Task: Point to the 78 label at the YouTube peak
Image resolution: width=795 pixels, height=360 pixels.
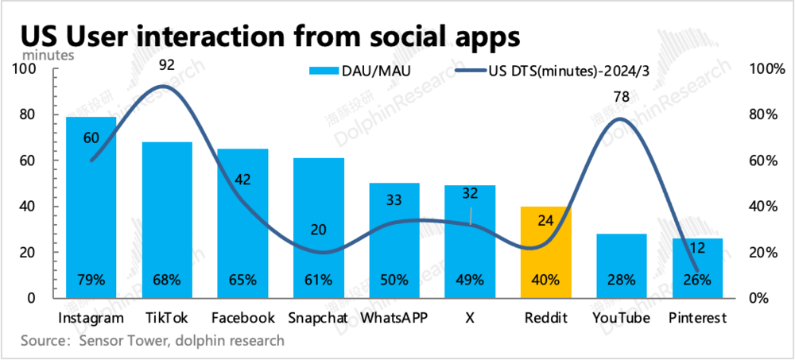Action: pyautogui.click(x=621, y=97)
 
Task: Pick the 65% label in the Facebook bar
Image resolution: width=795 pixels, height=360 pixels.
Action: pyautogui.click(x=242, y=280)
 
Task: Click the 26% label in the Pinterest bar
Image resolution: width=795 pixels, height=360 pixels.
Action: pyautogui.click(x=696, y=280)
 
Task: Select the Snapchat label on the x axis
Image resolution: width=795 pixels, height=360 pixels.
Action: pyautogui.click(x=318, y=318)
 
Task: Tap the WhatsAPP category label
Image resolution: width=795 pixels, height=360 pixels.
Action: pyautogui.click(x=394, y=318)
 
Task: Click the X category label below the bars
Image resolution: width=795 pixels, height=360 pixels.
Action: pyautogui.click(x=470, y=318)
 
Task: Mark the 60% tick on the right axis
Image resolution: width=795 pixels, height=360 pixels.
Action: pyautogui.click(x=765, y=161)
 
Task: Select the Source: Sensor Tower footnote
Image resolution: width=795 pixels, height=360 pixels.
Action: pyautogui.click(x=152, y=341)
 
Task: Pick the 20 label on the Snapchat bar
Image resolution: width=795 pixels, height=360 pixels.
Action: pyautogui.click(x=318, y=230)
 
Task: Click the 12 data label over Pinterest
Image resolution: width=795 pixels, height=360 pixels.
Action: pyautogui.click(x=696, y=247)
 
